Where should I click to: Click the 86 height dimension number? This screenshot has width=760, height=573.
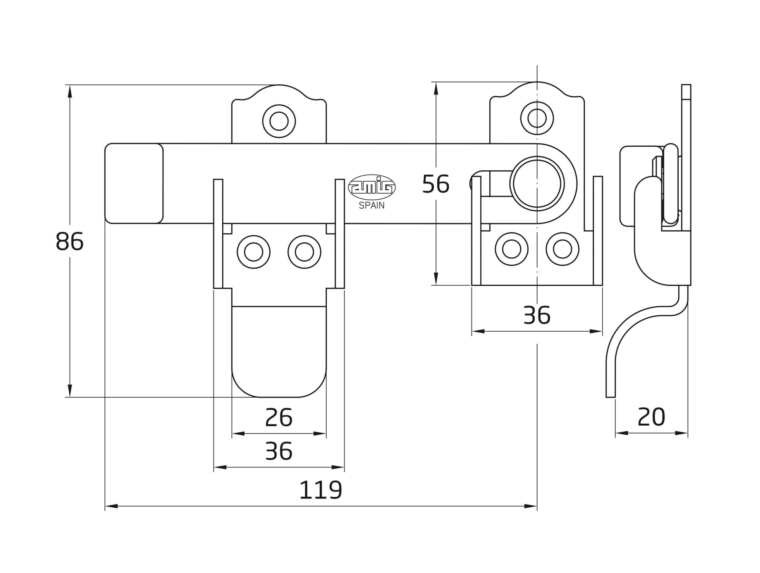pyautogui.click(x=69, y=241)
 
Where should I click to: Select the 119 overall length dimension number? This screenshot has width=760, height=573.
pyautogui.click(x=321, y=490)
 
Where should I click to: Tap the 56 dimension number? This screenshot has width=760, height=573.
pyautogui.click(x=435, y=184)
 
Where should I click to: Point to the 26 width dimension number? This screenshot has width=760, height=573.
pyautogui.click(x=279, y=418)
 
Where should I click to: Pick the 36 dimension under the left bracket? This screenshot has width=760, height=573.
pyautogui.click(x=279, y=451)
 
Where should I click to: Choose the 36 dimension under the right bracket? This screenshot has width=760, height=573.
pyautogui.click(x=537, y=315)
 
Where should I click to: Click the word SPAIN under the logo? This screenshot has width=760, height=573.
pyautogui.click(x=372, y=206)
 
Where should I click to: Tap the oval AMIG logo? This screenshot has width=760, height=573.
pyautogui.click(x=372, y=188)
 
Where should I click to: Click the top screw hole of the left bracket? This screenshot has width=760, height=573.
pyautogui.click(x=279, y=121)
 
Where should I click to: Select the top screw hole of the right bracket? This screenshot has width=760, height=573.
pyautogui.click(x=537, y=118)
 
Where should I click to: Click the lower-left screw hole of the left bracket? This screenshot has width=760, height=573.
pyautogui.click(x=254, y=252)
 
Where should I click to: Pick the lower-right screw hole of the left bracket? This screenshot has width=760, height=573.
pyautogui.click(x=304, y=252)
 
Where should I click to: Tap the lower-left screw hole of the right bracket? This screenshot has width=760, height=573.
pyautogui.click(x=511, y=249)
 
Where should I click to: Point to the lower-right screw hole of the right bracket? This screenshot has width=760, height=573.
pyautogui.click(x=563, y=249)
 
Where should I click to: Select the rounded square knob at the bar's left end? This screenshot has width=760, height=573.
pyautogui.click(x=134, y=183)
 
